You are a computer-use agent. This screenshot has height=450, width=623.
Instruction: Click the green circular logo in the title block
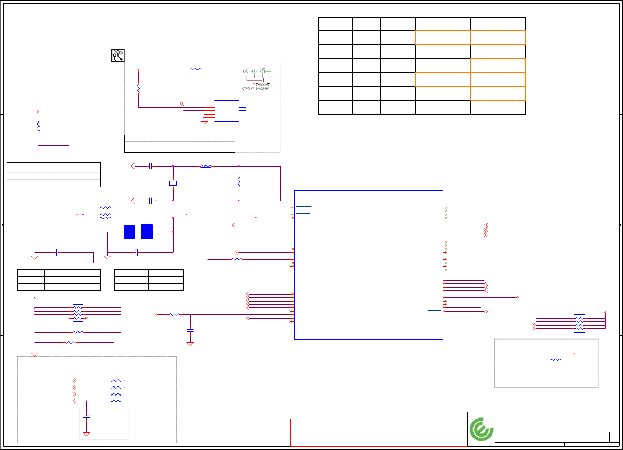coord(482,429)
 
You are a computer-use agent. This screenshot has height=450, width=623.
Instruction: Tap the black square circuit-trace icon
coord(117,56)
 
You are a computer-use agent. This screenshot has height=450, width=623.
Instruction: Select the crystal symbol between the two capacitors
coord(173,184)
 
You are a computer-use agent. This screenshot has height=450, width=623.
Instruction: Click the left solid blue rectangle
coord(129,232)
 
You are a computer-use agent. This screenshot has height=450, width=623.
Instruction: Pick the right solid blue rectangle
coord(147,232)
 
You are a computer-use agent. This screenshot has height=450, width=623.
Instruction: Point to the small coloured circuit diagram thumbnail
coord(258,79)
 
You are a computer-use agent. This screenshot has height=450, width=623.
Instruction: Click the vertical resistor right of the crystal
coord(239,181)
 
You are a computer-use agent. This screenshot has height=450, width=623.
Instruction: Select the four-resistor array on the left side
coord(77,313)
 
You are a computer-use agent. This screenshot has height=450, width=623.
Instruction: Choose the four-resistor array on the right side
coord(579,323)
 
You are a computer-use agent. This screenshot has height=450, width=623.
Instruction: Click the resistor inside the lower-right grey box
coord(555,360)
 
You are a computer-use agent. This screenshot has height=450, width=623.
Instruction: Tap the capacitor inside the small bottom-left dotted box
coord(86,416)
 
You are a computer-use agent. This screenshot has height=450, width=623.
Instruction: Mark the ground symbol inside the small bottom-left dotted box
coord(86,434)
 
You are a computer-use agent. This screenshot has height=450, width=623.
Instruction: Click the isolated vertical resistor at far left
coord(38,126)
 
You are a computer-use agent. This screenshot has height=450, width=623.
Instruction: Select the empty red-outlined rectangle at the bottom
coord(378,432)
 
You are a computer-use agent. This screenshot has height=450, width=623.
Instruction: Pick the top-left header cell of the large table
coord(335,24)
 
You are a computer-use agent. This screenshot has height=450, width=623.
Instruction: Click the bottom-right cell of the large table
coord(498,107)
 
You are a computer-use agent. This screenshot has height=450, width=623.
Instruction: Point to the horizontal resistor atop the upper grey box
coord(196,69)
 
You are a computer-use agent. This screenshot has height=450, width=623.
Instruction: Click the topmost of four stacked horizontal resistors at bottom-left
coord(116,381)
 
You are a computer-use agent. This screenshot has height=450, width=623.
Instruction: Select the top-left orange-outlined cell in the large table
coord(443,38)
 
